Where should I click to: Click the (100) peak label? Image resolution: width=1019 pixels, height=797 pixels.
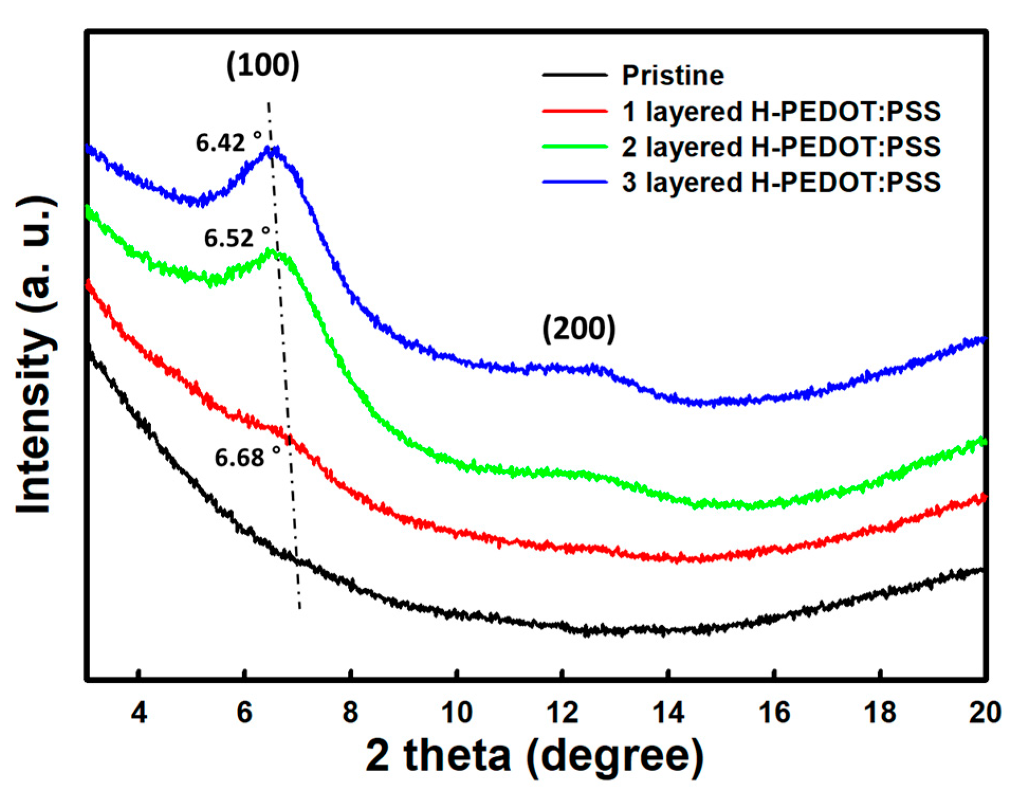click(263, 65)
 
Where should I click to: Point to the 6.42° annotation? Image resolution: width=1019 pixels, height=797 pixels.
click(228, 143)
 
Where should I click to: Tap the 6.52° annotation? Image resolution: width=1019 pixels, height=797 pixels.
click(237, 238)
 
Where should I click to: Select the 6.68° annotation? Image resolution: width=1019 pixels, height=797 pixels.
click(247, 457)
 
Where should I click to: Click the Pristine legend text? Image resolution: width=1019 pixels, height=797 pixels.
click(672, 75)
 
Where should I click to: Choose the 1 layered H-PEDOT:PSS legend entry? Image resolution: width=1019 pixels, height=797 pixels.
click(781, 112)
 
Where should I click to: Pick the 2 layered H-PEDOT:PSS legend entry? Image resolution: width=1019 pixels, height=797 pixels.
click(781, 146)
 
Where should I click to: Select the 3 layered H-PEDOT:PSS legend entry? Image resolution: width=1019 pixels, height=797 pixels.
click(781, 182)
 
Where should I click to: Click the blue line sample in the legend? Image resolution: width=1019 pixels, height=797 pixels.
click(575, 182)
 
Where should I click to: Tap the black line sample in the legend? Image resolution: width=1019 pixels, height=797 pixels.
click(575, 75)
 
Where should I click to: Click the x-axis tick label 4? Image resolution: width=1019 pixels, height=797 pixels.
click(138, 712)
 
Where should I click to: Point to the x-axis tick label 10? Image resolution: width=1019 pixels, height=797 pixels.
click(456, 712)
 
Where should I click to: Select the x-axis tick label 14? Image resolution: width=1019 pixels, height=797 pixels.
click(668, 712)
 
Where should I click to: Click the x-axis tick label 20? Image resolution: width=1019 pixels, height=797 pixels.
click(985, 712)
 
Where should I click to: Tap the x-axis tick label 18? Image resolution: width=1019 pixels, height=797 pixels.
click(880, 712)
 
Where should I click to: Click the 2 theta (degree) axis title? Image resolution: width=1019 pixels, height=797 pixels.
click(534, 756)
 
